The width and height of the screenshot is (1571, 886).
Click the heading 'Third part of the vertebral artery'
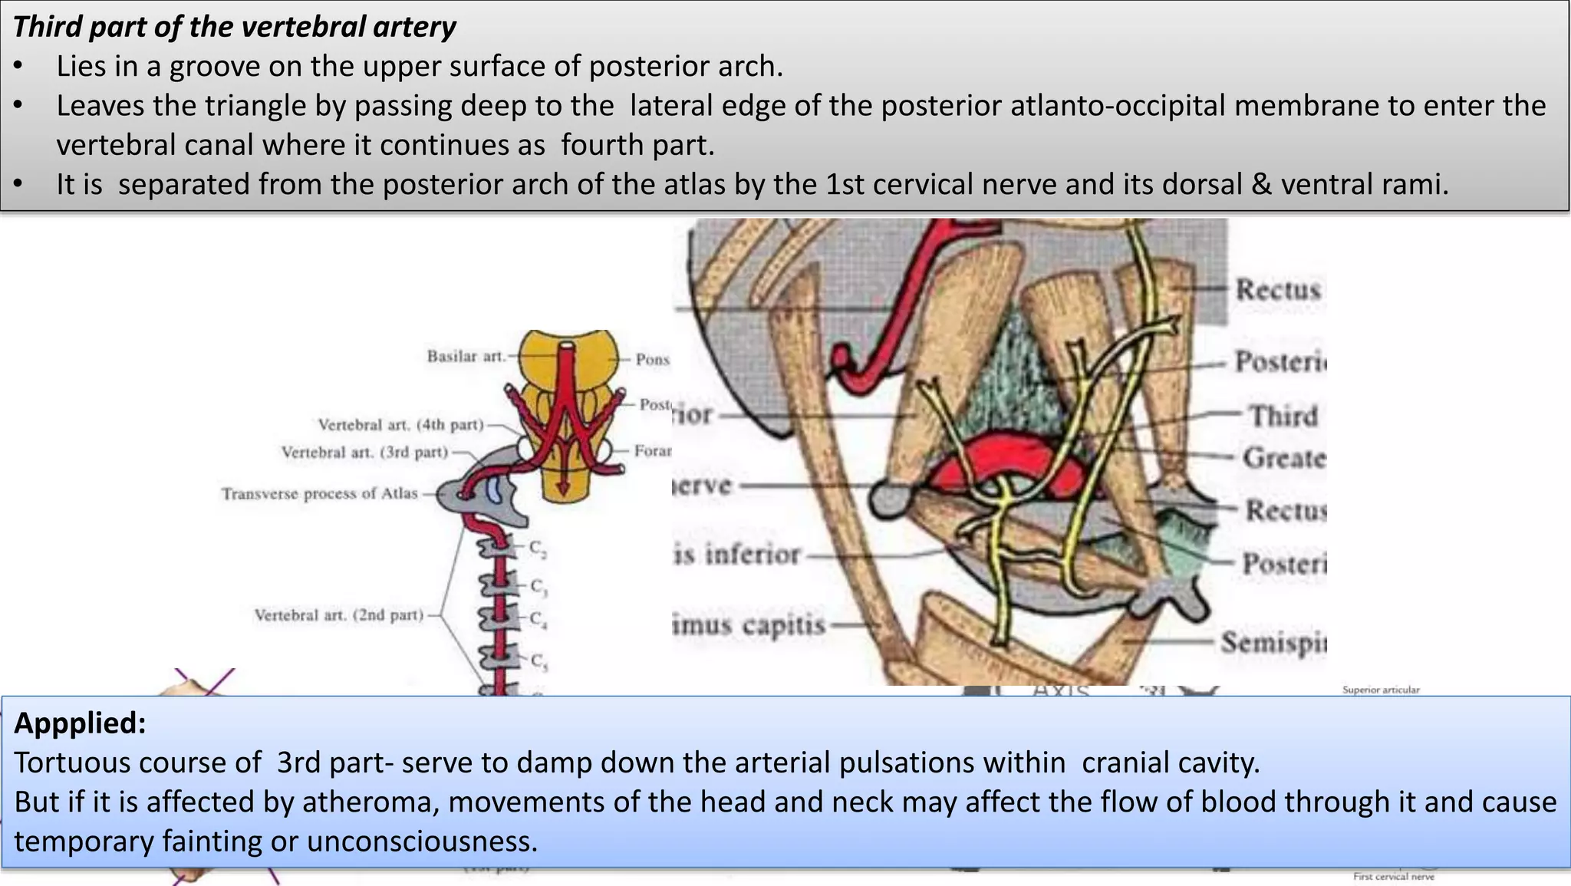pos(234,27)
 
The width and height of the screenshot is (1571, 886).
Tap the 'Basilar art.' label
pos(466,356)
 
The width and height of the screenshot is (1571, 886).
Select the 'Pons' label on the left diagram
pos(652,359)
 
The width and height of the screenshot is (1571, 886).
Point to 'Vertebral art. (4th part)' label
pos(400,424)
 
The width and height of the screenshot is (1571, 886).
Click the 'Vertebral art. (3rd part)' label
pos(364,452)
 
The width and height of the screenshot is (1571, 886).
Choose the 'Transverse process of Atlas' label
pos(319,493)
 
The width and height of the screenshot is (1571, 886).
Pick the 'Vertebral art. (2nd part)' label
pos(338,614)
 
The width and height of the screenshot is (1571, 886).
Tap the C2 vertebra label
pos(538,548)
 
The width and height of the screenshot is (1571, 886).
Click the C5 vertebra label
pos(538,660)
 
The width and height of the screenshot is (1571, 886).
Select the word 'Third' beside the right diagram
pos(1283,416)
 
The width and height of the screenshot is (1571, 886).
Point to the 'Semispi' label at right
pos(1273,642)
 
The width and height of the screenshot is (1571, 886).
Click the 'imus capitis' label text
pos(749,625)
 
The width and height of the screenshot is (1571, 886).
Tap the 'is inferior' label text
pos(736,554)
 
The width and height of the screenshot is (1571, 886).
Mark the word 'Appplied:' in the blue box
pos(80,723)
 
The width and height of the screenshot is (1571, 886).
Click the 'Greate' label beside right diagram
pos(1284,458)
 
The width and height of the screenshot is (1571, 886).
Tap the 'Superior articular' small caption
pos(1381,690)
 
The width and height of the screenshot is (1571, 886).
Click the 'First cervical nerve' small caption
pos(1393,876)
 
